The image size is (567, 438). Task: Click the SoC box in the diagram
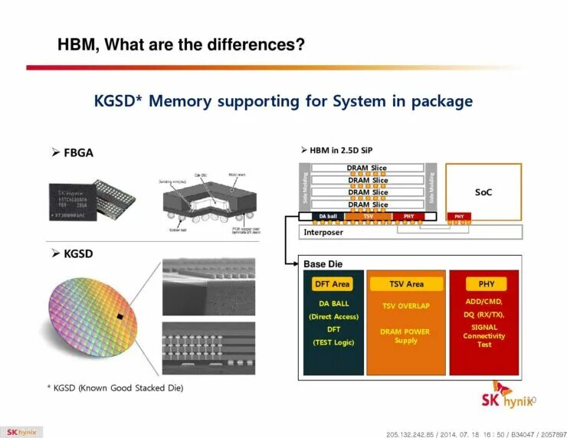coord(483,191)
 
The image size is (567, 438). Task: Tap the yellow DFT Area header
coord(332,284)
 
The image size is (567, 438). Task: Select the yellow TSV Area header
coord(406,284)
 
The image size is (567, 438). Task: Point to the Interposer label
coord(323,232)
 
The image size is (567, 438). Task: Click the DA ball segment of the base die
coord(327,217)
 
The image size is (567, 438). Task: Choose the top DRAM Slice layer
coord(368,168)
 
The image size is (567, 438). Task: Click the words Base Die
coord(323,264)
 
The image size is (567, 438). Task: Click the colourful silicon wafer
coord(93,314)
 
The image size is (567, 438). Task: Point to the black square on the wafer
coord(120,316)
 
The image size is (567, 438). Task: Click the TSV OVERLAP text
coord(406,306)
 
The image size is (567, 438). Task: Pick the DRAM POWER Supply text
coord(406,336)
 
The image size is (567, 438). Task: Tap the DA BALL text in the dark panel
coord(333,304)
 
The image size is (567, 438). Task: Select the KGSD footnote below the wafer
coord(116,388)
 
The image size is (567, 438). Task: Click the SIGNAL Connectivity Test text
coord(484,336)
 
